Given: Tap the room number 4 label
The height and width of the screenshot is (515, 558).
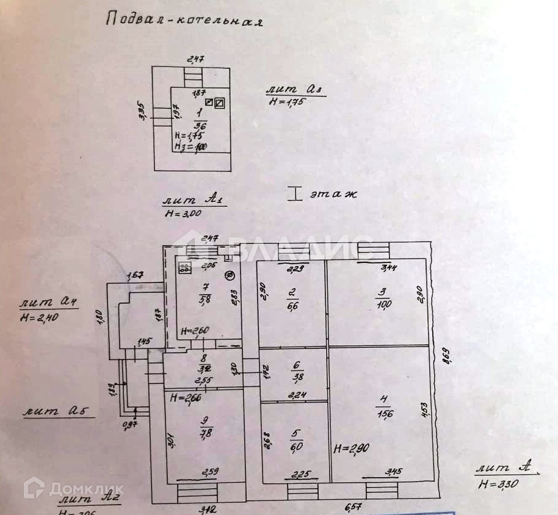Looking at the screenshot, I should pyautogui.click(x=383, y=400).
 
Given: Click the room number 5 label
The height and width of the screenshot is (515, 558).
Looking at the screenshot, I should pyautogui.click(x=297, y=434).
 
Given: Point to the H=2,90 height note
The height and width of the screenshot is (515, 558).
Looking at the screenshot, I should pyautogui.click(x=350, y=449).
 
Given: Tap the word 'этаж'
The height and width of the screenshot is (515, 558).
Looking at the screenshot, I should pyautogui.click(x=333, y=195).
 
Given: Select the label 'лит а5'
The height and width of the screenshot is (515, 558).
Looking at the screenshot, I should pyautogui.click(x=60, y=412).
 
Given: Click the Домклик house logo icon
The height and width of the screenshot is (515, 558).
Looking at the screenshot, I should pyautogui.click(x=35, y=488).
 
